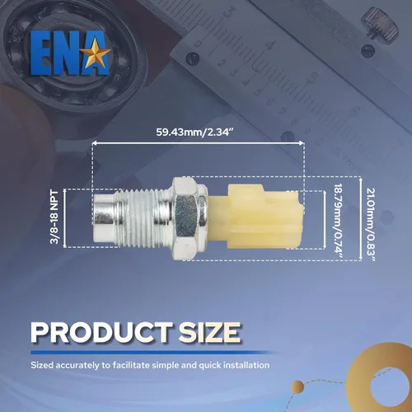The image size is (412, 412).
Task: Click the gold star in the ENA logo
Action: coord(97,53)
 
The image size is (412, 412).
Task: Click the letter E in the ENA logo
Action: coord(40,54)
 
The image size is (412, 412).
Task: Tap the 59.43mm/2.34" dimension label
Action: coord(194,132)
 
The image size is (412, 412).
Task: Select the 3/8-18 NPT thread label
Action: coord(54,217)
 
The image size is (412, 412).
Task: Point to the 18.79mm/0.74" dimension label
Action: coord(339,221)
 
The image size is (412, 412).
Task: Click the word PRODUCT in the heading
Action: coord(101,332)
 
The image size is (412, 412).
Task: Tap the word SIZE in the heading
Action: coord(210,332)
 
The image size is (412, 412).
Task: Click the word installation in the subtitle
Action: coord(246,365)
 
